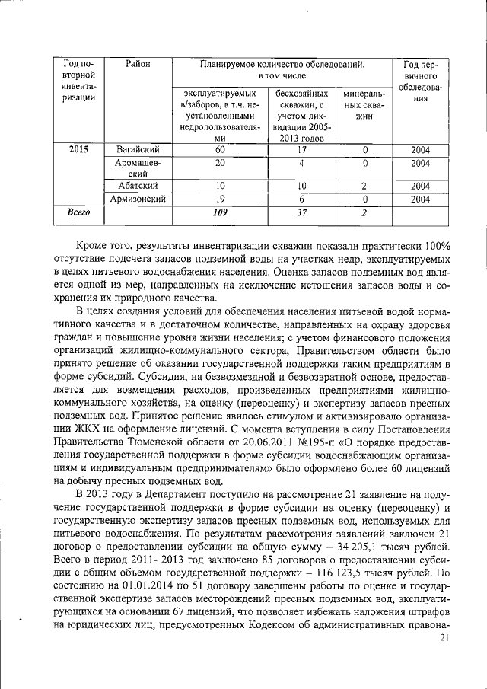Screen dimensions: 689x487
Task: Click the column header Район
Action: (138, 64)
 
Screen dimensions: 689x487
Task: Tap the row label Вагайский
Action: (138, 150)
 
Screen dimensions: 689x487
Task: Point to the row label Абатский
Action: (138, 186)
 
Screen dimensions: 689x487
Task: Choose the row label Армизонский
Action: (138, 199)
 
